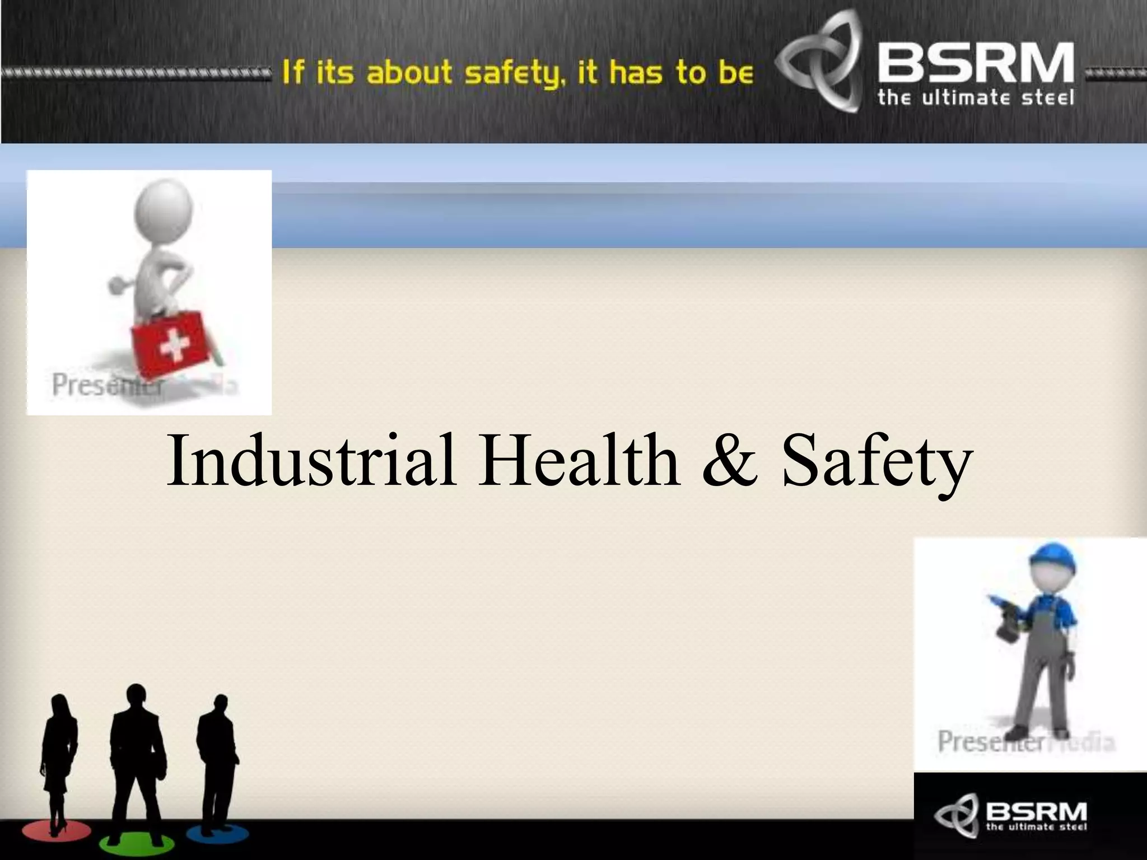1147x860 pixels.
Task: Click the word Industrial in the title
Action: [x=311, y=460]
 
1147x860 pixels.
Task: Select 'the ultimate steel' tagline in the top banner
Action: [x=975, y=99]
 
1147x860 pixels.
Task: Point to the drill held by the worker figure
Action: [x=1005, y=621]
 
